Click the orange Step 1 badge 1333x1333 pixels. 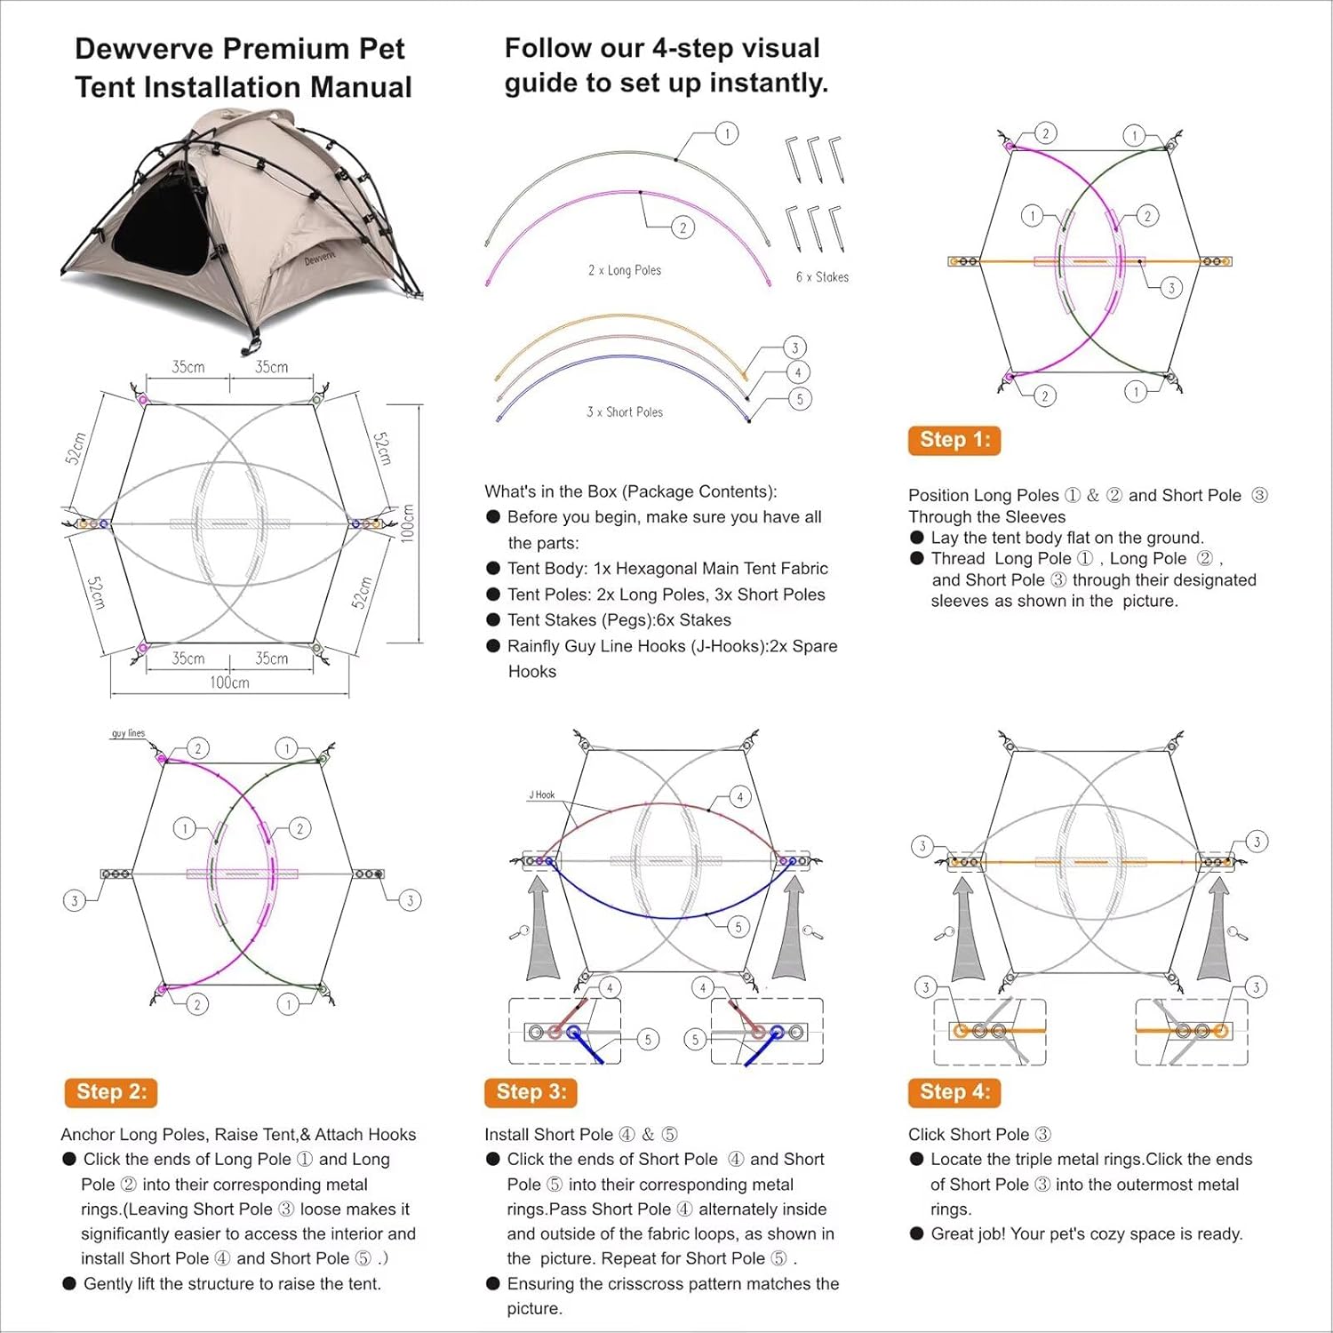pos(954,440)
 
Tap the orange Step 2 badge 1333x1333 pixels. pos(111,1092)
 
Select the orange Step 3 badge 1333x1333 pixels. pos(531,1092)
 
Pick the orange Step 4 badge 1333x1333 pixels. pos(954,1092)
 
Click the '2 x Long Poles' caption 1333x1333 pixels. pos(625,270)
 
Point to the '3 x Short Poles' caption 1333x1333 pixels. pos(625,412)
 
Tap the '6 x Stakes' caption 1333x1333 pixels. pos(822,277)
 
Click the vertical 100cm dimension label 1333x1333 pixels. pos(408,523)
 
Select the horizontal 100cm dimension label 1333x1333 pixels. pos(229,682)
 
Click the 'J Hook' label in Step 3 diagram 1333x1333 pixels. pos(542,794)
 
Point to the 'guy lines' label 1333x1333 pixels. pos(128,733)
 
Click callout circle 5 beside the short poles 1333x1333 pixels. pos(800,399)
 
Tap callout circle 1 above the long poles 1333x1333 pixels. pos(727,133)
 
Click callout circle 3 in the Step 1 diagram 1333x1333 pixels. pos(1171,288)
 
